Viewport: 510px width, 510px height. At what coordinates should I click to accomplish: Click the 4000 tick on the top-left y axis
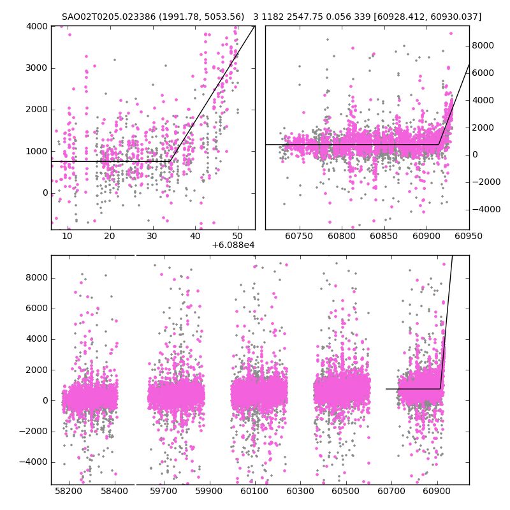[x=38, y=26]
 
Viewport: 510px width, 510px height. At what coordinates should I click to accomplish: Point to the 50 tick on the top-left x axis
[x=237, y=236]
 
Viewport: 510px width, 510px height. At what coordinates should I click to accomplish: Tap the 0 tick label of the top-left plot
[x=43, y=193]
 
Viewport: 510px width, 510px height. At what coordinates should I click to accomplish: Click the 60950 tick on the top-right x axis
[x=469, y=236]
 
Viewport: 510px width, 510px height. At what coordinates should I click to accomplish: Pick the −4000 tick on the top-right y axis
[x=486, y=209]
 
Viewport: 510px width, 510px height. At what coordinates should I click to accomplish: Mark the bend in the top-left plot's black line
[x=170, y=161]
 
